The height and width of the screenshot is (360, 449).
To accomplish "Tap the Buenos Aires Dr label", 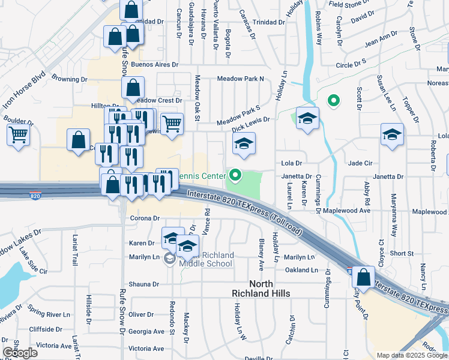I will [x=155, y=64].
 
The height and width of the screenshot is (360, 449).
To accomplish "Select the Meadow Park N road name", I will [x=241, y=79].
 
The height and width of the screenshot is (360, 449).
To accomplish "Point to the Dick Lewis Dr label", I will [x=251, y=124].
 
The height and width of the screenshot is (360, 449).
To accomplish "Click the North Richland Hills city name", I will [x=261, y=289].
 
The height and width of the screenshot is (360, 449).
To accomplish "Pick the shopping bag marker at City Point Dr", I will [x=363, y=278].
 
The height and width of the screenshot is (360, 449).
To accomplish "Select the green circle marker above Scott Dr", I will [x=333, y=101].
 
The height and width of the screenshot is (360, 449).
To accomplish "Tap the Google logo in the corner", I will [x=20, y=353].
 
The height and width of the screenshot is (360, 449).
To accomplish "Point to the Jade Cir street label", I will [x=361, y=163].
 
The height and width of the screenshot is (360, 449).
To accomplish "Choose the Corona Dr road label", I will [x=144, y=218].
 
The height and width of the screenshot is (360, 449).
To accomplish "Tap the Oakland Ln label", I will [x=302, y=270].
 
